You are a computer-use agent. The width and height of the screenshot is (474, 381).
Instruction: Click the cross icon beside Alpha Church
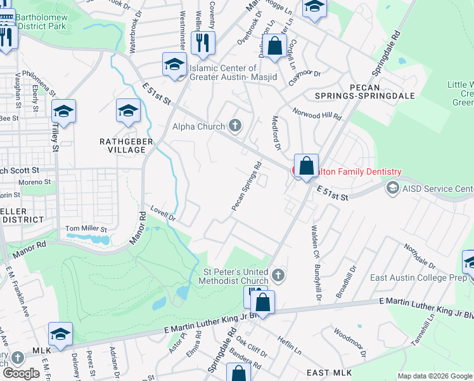point(235,126)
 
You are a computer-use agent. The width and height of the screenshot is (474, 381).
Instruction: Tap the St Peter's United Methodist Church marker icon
point(279,275)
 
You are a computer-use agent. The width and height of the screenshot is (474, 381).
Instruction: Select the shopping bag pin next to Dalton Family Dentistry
point(306,166)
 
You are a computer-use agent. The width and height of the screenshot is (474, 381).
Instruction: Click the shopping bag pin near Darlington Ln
point(274,46)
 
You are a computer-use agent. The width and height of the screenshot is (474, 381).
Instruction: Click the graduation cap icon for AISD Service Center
point(392,189)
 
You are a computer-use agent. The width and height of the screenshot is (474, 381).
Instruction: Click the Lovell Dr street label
point(162,213)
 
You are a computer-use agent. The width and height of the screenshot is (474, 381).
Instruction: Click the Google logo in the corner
point(22,373)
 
